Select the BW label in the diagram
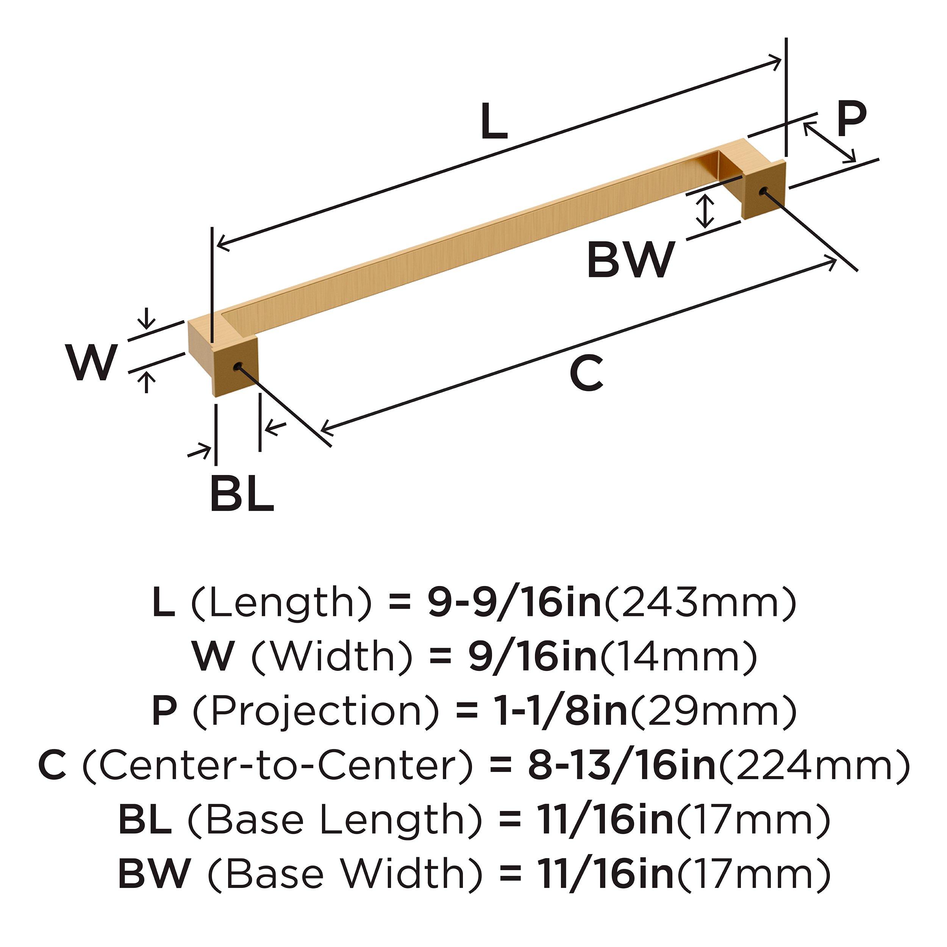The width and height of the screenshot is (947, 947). (x=630, y=260)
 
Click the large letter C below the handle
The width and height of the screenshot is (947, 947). (x=586, y=374)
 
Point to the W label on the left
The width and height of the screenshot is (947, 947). (x=92, y=363)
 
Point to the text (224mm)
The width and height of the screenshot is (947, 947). (x=814, y=766)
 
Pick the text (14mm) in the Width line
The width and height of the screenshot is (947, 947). (x=679, y=657)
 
